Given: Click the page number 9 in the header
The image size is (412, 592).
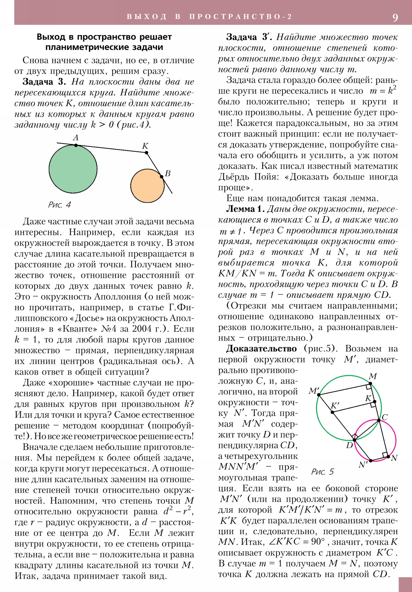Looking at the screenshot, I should [395, 18].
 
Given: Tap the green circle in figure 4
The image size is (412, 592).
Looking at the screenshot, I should [73, 169].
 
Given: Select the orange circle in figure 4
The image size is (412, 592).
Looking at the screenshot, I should [147, 186].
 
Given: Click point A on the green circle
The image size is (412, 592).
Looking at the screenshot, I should [76, 145].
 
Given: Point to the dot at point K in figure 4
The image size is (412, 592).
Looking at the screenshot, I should [147, 153].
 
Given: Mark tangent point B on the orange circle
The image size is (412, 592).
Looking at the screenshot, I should [161, 177].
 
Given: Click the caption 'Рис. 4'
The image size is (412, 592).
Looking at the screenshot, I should [59, 205].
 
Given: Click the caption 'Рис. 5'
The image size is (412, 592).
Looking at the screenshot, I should [322, 472].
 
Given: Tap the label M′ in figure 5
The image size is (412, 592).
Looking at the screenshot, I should [314, 391].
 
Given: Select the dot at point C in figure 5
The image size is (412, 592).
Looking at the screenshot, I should [379, 420].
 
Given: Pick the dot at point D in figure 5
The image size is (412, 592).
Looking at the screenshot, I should [355, 440].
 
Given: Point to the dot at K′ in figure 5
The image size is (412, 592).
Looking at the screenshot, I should [332, 412].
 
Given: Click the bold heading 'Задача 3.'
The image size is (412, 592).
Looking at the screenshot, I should [44, 82].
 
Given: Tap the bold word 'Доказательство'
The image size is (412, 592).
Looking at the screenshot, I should [261, 349].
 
